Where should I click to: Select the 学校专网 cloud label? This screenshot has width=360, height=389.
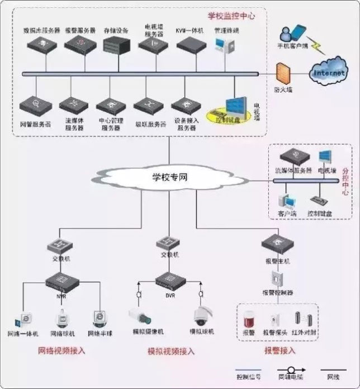tap(169, 178)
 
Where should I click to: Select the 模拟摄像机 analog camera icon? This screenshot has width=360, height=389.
tap(141, 316)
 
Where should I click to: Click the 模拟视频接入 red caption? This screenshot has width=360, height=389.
tap(170, 352)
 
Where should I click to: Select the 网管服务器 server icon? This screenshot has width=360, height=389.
tap(35, 106)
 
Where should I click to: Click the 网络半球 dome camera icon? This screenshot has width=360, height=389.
tap(99, 319)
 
